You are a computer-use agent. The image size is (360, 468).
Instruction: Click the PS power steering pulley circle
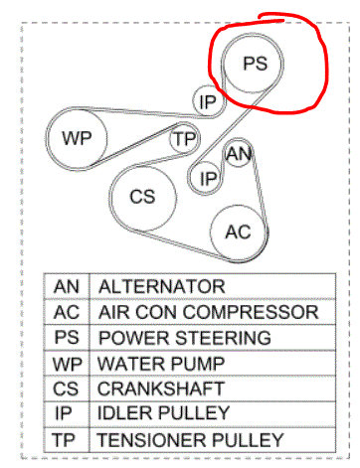point(255,63)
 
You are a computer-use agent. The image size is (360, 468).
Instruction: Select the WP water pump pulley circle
point(77,139)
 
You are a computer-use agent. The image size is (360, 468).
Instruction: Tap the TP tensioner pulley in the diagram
point(184,139)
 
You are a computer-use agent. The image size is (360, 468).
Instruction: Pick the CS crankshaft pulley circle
point(143,197)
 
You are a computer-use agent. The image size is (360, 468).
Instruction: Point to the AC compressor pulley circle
point(238,233)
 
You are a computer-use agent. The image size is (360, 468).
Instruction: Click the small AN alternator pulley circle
point(238,154)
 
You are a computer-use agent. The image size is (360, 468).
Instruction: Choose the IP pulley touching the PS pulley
point(207,101)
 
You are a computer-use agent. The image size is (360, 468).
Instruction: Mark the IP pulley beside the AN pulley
point(208,178)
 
